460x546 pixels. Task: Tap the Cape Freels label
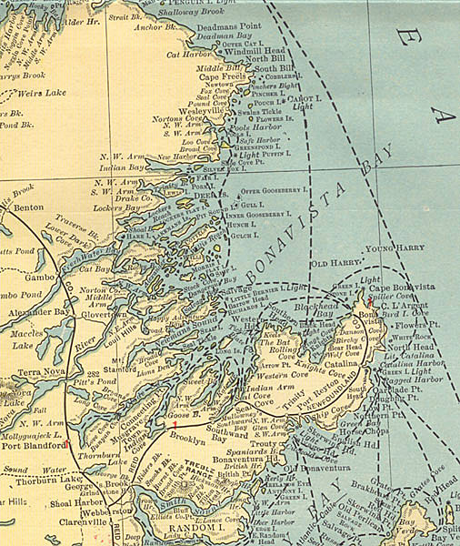pyautogui.click(x=224, y=77)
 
